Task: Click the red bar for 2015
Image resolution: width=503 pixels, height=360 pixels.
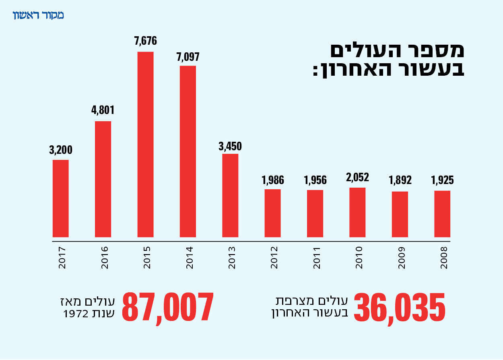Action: [145, 145]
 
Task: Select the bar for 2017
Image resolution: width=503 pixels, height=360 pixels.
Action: [61, 199]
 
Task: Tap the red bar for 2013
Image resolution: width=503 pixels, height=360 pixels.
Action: [230, 196]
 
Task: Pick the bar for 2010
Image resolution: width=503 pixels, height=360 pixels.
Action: [357, 212]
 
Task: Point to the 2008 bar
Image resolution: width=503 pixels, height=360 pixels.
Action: [442, 214]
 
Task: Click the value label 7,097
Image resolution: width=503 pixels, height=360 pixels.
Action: [188, 56]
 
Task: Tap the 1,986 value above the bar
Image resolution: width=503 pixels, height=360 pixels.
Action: [272, 180]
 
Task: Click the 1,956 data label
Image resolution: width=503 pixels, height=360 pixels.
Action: [315, 180]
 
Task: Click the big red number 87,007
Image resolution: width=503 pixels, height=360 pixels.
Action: [167, 307]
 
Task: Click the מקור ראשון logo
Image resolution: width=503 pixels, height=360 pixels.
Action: [39, 16]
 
